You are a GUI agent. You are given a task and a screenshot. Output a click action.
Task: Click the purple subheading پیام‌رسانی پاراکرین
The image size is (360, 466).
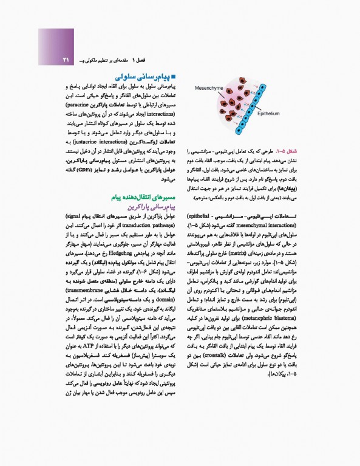149,206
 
